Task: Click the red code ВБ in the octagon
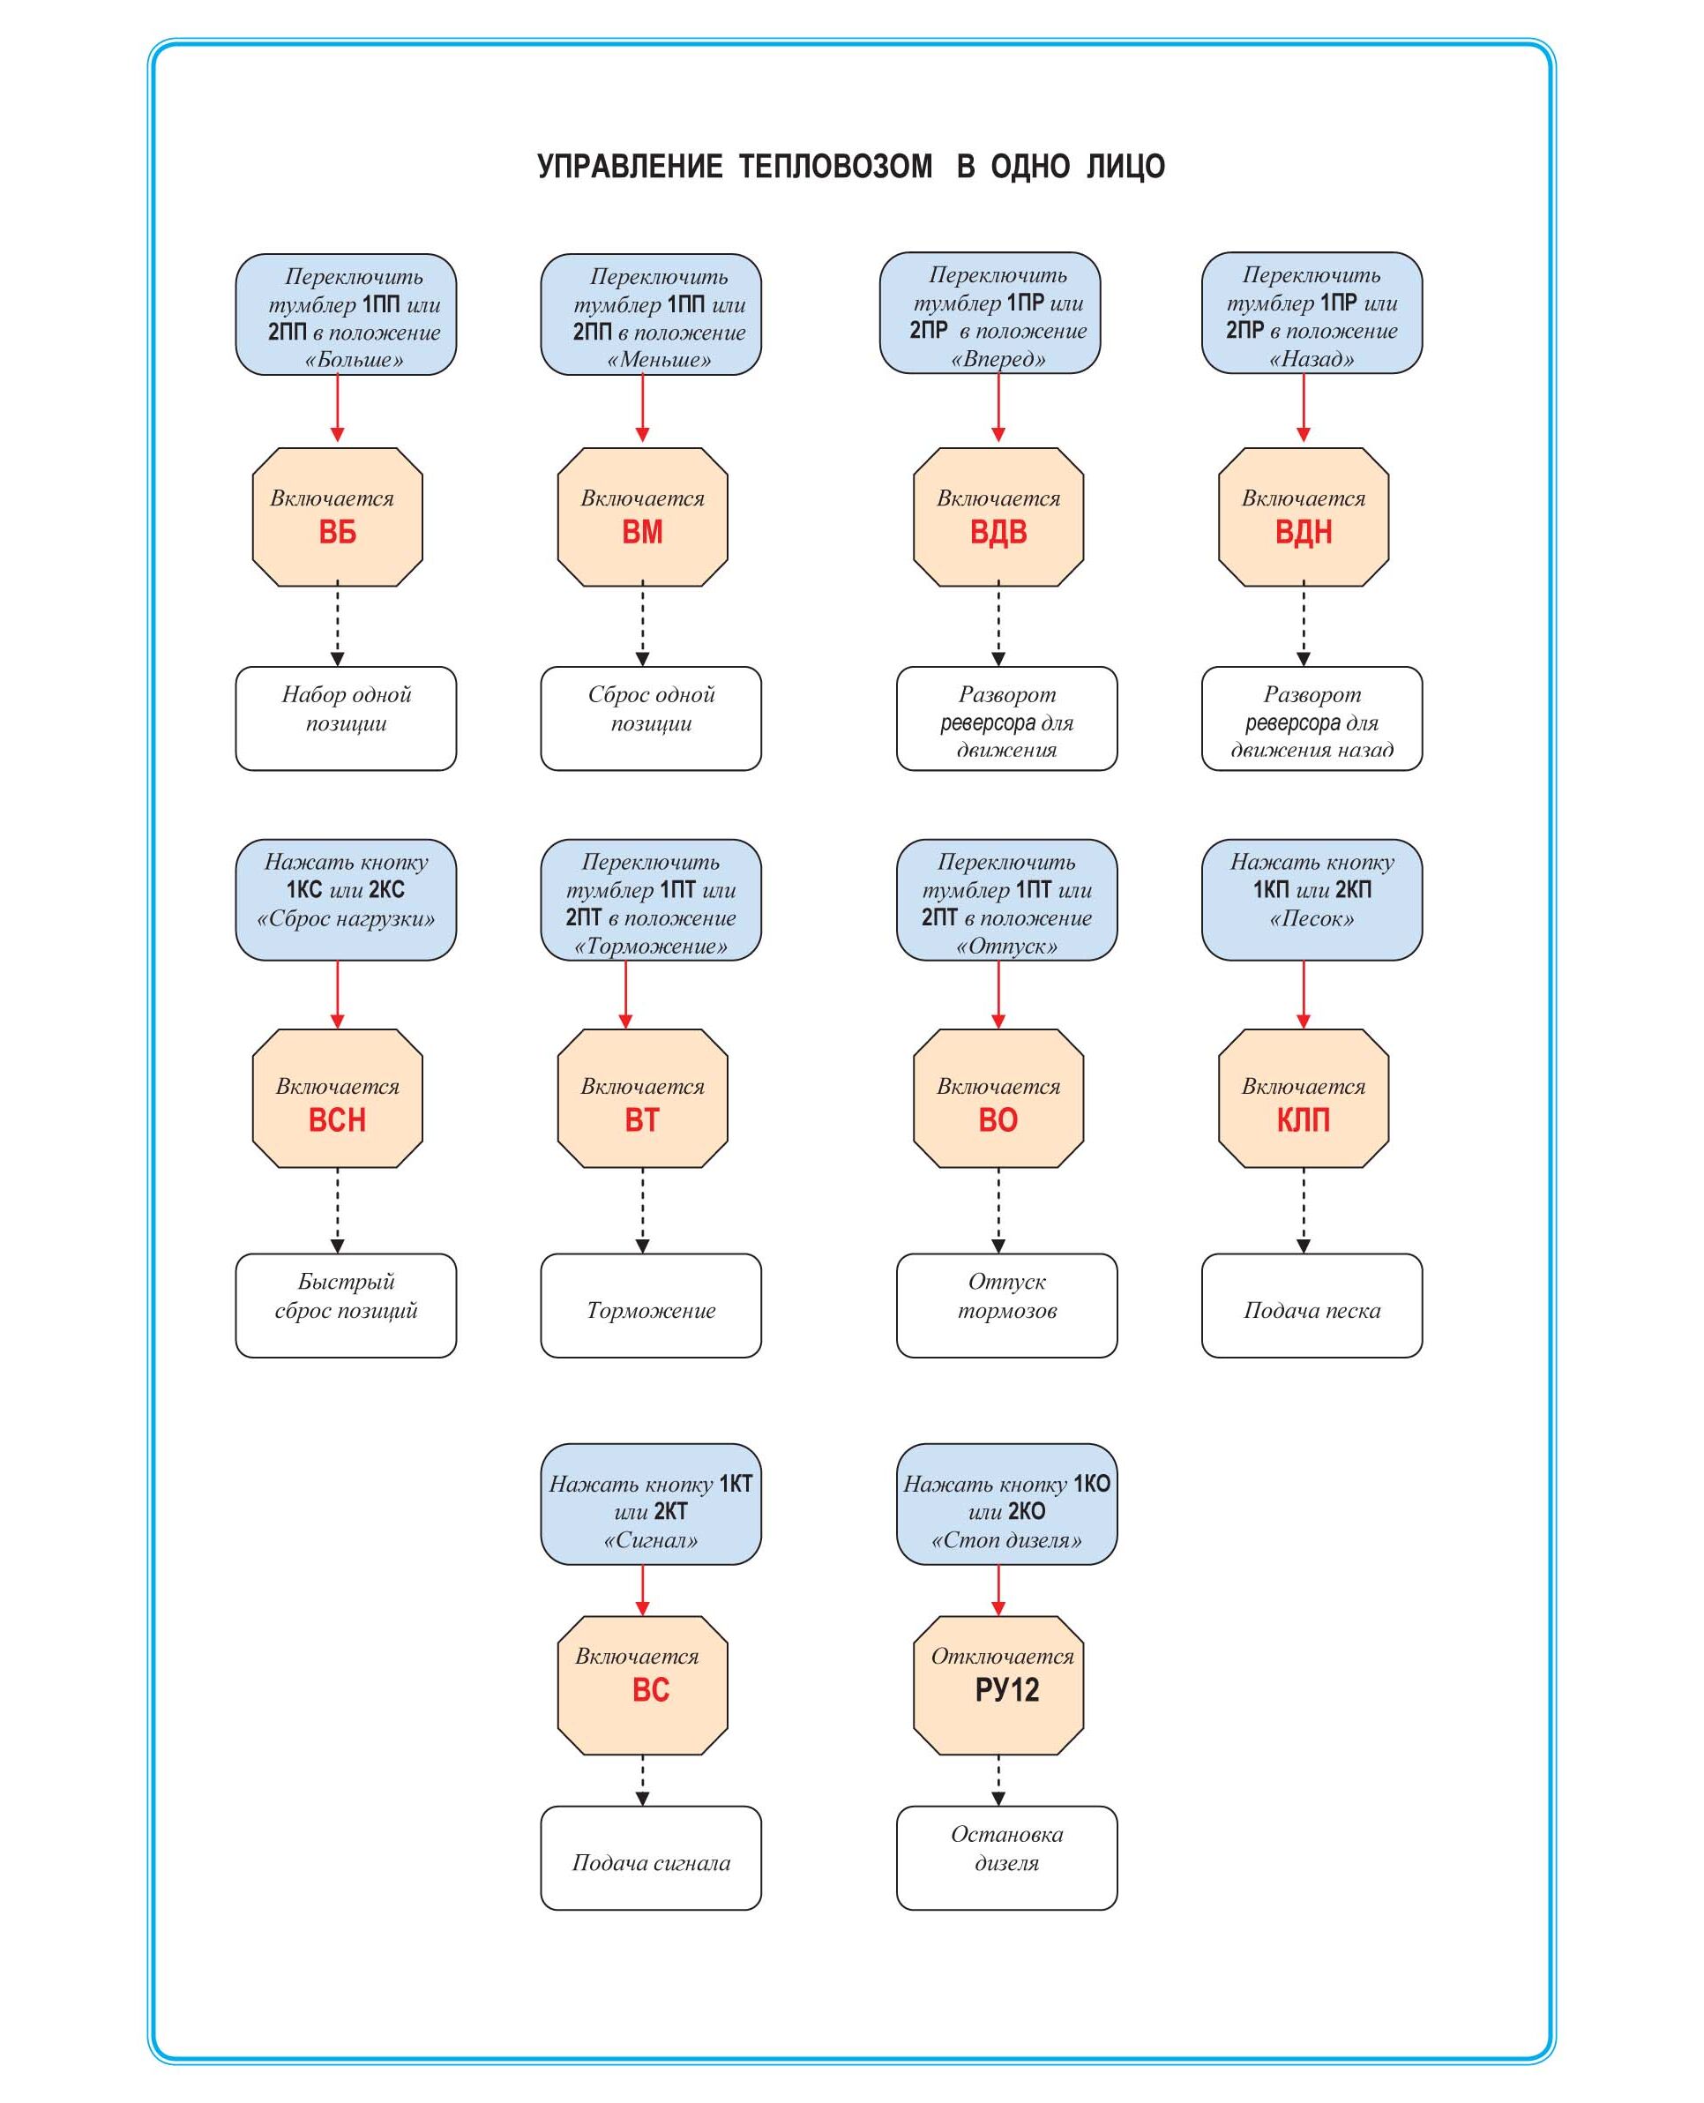(337, 532)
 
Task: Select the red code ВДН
(1303, 532)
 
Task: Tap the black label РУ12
(1006, 1689)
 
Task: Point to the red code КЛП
(1303, 1120)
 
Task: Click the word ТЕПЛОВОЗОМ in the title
(835, 167)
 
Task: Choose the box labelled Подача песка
(1312, 1306)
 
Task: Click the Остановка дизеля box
(1006, 1858)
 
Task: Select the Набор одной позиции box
(346, 719)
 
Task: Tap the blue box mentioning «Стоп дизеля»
(1006, 1503)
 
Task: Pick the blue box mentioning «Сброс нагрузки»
(346, 899)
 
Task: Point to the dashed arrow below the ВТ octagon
(642, 1209)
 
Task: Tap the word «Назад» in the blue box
(1312, 359)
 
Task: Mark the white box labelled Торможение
(651, 1306)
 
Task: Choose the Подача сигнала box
(651, 1858)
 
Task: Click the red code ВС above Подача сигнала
(650, 1689)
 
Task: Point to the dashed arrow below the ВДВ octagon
(998, 625)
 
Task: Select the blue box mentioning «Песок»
(1312, 899)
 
